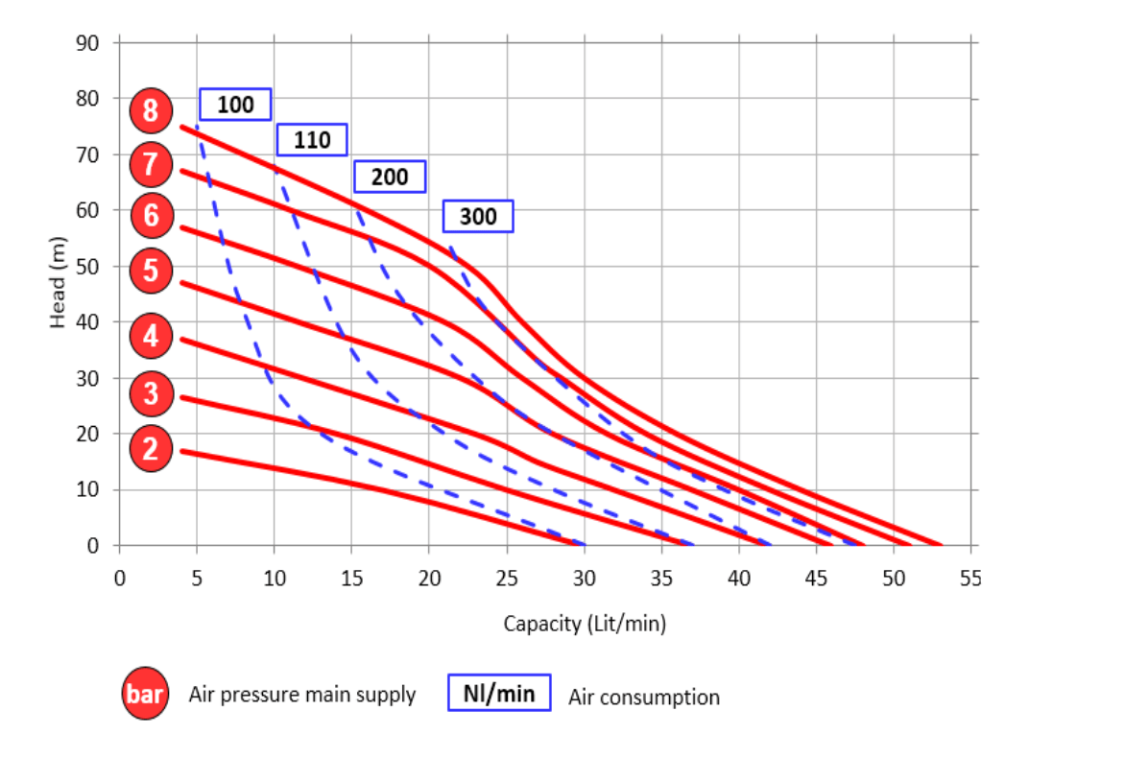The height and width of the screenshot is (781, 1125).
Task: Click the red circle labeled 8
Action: click(x=151, y=111)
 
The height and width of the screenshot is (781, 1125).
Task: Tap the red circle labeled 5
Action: click(x=151, y=271)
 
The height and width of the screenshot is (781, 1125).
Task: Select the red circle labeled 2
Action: click(x=151, y=448)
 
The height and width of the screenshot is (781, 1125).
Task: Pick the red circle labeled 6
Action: click(x=151, y=215)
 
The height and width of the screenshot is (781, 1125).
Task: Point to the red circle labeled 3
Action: click(x=151, y=392)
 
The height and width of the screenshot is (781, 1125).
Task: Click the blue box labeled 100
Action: click(x=235, y=105)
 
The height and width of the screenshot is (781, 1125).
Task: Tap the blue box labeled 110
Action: click(x=312, y=140)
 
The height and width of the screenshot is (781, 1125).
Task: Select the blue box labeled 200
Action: click(x=390, y=177)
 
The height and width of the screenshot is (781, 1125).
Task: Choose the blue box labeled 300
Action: click(x=478, y=216)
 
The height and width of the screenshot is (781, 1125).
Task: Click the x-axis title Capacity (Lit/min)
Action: click(x=585, y=624)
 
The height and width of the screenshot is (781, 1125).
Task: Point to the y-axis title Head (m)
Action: click(x=59, y=280)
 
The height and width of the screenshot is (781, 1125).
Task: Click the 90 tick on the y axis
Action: click(x=87, y=43)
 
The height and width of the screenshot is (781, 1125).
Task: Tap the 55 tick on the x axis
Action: click(x=970, y=580)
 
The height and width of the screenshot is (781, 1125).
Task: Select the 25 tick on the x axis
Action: click(x=507, y=580)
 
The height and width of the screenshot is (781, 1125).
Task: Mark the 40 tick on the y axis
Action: click(x=87, y=322)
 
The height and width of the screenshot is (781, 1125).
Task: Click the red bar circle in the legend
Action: click(x=146, y=693)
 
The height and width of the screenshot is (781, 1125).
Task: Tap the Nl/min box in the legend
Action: click(x=499, y=693)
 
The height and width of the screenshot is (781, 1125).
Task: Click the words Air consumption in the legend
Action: click(x=643, y=698)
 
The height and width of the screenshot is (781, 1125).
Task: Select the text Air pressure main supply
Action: click(x=302, y=695)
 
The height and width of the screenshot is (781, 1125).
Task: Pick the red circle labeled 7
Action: click(x=151, y=164)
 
